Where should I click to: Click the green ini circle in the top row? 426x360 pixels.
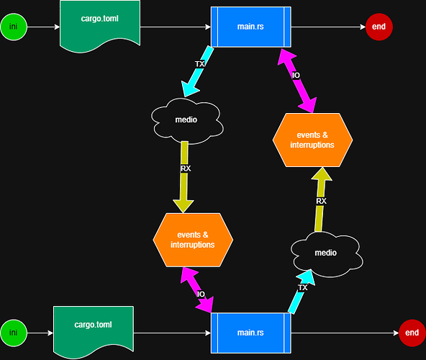(13, 27)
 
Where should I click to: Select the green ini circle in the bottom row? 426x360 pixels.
(13, 333)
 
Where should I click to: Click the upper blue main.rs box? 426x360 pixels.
(250, 27)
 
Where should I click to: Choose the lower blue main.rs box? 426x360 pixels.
(250, 333)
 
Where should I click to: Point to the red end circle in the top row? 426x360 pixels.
(379, 27)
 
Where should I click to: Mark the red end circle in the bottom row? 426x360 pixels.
(412, 333)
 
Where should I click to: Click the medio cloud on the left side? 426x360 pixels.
(186, 120)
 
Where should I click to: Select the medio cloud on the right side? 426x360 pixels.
(325, 253)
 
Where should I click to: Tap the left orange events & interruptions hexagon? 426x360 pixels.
(194, 239)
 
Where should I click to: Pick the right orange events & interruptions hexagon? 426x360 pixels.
(313, 139)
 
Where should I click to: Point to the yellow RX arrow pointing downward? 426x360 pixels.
(184, 176)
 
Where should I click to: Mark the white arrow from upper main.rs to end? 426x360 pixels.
(327, 27)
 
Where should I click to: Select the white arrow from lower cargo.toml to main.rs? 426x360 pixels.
(172, 333)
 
